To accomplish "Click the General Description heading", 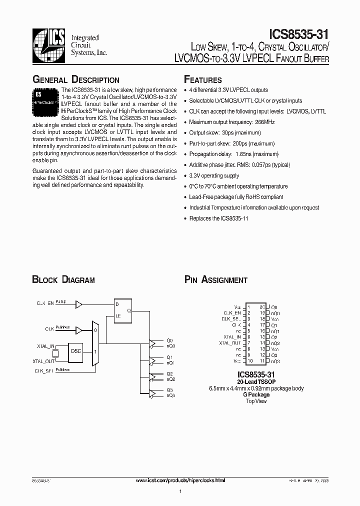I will [x=75, y=80].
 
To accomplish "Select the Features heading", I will [x=203, y=80].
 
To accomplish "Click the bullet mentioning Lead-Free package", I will [x=236, y=197].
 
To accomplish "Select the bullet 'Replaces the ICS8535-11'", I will [x=219, y=218].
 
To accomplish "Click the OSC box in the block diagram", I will [x=76, y=351].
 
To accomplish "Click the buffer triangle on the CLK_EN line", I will [x=78, y=303].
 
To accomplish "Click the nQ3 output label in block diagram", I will [x=171, y=395].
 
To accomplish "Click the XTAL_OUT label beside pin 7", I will [x=230, y=343].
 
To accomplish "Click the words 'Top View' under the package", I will [x=256, y=401].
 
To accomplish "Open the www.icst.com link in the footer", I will [x=180, y=480].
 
